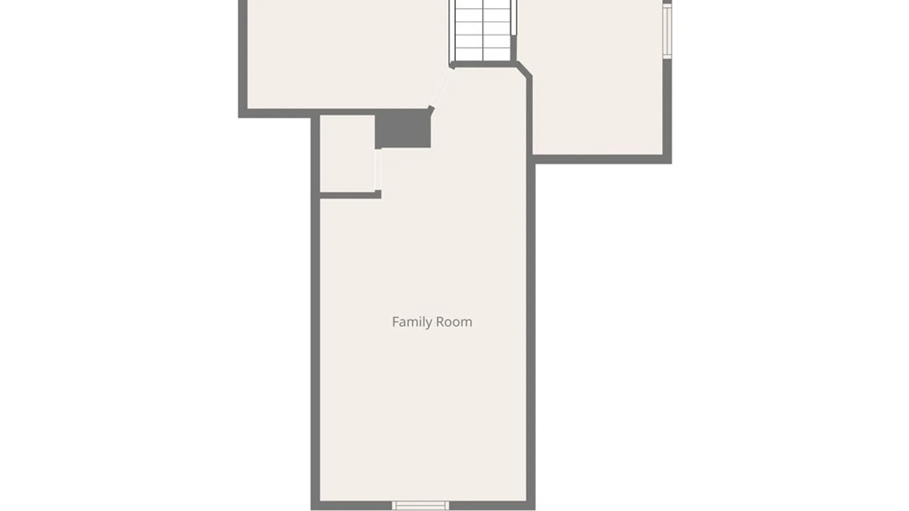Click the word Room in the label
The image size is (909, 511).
pyautogui.click(x=454, y=322)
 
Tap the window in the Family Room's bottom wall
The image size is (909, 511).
pyautogui.click(x=420, y=506)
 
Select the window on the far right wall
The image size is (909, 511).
pyautogui.click(x=667, y=31)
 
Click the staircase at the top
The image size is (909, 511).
pyautogui.click(x=483, y=30)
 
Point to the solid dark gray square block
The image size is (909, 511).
pyautogui.click(x=403, y=129)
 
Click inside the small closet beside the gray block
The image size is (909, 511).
pyautogui.click(x=348, y=154)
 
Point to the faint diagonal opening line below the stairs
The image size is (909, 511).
pyautogui.click(x=441, y=88)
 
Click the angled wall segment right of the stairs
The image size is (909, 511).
pyautogui.click(x=524, y=69)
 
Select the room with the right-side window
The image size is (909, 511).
pyautogui.click(x=597, y=85)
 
